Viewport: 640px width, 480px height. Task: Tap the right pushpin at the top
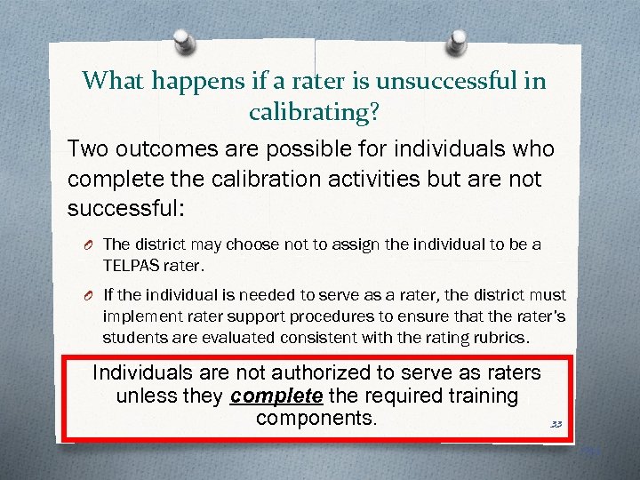pos(458,42)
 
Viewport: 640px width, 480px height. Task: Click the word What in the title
pos(114,81)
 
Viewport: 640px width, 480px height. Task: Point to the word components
pos(316,418)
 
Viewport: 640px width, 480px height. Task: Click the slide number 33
pos(556,424)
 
